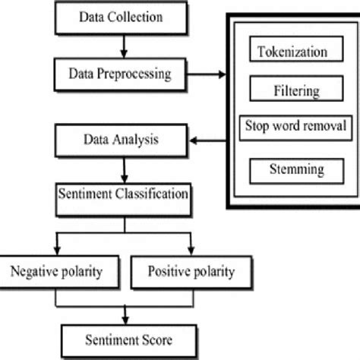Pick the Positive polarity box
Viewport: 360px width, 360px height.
190,271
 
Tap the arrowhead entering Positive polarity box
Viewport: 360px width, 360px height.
190,249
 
